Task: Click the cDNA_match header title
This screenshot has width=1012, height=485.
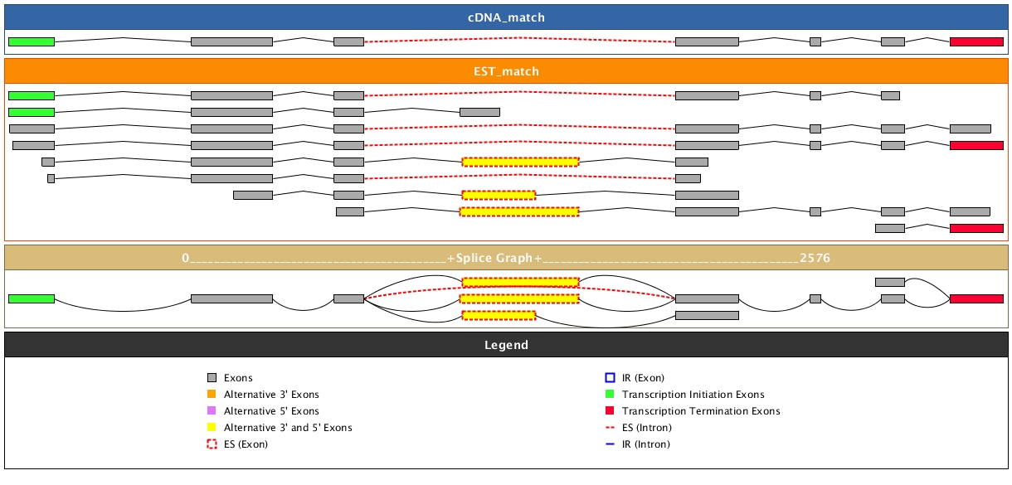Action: click(505, 17)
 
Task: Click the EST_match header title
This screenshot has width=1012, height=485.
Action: click(505, 71)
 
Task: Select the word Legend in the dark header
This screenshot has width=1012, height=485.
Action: click(505, 345)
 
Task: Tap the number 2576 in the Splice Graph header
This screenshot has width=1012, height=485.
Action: click(815, 259)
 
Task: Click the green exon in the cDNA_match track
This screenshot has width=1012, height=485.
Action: click(32, 41)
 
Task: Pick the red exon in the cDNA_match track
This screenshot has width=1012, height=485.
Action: click(976, 41)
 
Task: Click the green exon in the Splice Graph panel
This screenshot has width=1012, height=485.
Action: click(32, 298)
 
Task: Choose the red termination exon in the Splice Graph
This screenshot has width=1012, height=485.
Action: click(976, 298)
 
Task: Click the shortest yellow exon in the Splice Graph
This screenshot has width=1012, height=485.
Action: click(499, 315)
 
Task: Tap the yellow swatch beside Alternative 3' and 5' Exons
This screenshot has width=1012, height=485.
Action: click(212, 428)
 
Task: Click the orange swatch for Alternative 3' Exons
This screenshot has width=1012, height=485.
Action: click(212, 395)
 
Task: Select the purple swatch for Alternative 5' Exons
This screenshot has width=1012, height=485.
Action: click(212, 411)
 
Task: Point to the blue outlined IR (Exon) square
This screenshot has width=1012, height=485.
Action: click(610, 378)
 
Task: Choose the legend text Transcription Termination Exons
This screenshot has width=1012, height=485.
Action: click(701, 411)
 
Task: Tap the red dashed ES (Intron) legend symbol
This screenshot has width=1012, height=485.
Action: click(610, 428)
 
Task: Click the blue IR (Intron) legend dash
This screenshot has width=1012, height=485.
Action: click(610, 444)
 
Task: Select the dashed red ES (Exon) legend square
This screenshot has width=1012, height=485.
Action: click(212, 444)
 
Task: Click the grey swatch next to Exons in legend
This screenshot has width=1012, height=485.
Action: click(212, 378)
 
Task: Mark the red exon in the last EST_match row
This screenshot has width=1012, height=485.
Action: click(976, 228)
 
